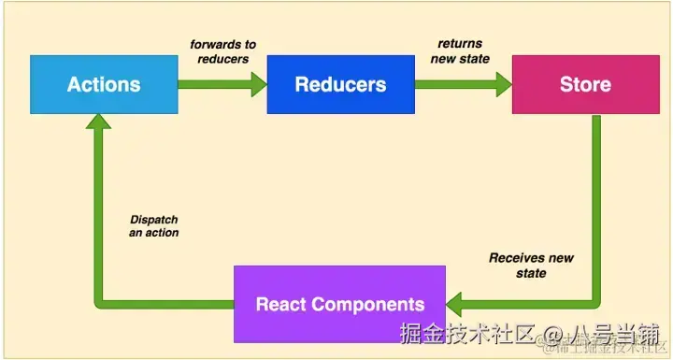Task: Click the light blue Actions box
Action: tap(104, 84)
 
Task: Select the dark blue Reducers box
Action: tap(340, 84)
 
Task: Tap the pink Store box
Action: tap(585, 84)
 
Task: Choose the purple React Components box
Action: tap(340, 304)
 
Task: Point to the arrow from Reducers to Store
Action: tap(463, 84)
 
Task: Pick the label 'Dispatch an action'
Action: tap(154, 226)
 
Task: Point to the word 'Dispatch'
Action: tap(154, 220)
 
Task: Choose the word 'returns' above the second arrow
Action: tap(461, 44)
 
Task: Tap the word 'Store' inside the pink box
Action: tap(585, 84)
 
